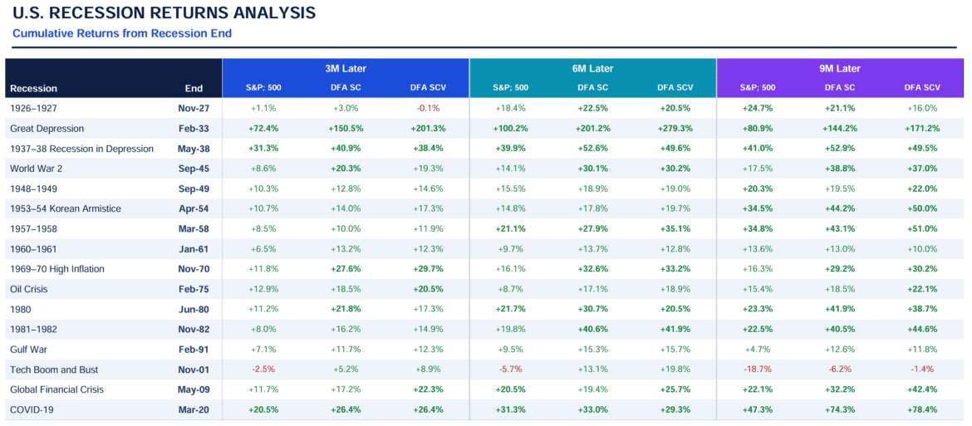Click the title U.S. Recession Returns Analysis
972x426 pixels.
tap(164, 13)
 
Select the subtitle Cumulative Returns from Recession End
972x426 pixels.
tap(122, 33)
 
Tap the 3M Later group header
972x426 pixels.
tap(346, 69)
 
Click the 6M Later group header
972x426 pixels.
tap(592, 69)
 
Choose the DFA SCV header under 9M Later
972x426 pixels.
tap(922, 88)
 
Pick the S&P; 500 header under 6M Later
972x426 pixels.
tap(510, 88)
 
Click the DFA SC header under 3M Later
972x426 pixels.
tap(346, 88)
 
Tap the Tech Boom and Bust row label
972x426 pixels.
tap(55, 369)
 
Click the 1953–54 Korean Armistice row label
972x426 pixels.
tap(65, 208)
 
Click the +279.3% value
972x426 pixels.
tap(675, 129)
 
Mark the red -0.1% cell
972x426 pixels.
tap(428, 108)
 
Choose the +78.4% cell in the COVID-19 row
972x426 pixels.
tap(922, 409)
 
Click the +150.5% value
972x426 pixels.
tap(346, 129)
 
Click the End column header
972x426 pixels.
tap(194, 88)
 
